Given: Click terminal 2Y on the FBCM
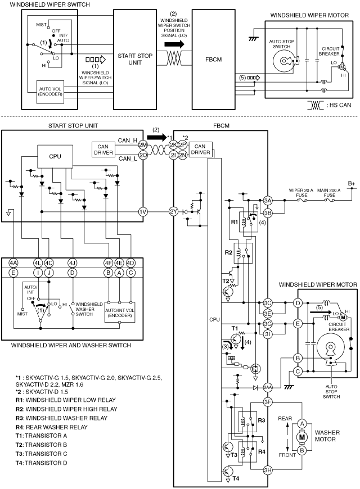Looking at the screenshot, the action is [x=174, y=212].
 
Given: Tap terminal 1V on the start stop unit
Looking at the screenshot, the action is [x=143, y=212].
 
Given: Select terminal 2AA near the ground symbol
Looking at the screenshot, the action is [x=268, y=388].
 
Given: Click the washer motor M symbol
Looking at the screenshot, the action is [x=302, y=437].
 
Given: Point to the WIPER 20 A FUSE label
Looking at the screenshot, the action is [x=301, y=193].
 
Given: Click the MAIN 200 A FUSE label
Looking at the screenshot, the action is [x=329, y=193].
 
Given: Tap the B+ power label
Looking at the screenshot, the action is [x=352, y=184].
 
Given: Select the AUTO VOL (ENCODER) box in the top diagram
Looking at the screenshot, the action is [x=50, y=92].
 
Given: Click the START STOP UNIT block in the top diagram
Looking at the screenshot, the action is [x=135, y=59].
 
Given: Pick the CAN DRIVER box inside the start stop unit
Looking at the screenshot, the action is [x=103, y=150].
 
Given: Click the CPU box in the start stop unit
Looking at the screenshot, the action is [x=55, y=157].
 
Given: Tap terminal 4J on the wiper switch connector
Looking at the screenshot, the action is [x=72, y=263].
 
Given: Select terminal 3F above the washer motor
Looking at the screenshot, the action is [x=268, y=402].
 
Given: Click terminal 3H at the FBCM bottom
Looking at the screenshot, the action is [x=268, y=470].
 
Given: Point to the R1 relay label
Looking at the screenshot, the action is [x=235, y=222].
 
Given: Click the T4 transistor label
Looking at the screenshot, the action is [x=236, y=478].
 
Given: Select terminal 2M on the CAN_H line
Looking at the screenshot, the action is [x=143, y=144].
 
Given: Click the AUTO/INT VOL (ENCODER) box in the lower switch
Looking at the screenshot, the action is [x=120, y=312].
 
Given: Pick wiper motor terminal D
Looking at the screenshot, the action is [x=298, y=303].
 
